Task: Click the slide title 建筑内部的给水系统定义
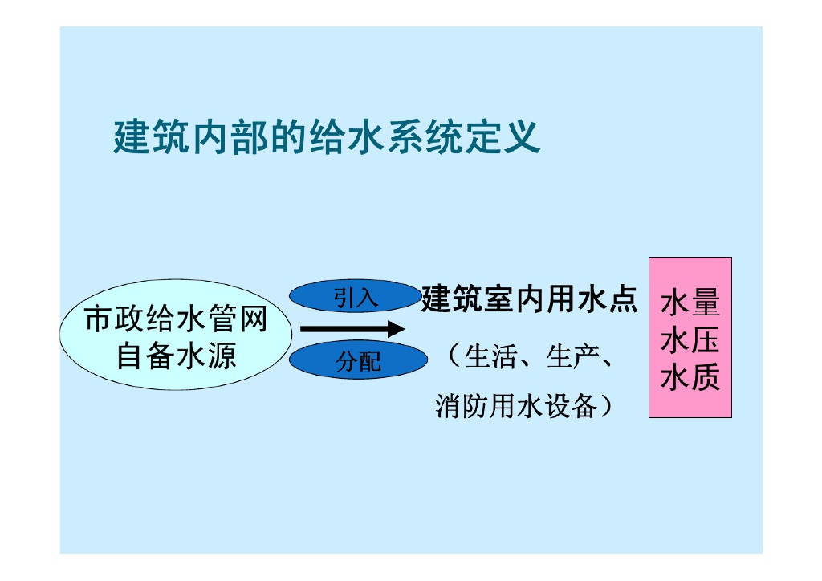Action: [x=326, y=138]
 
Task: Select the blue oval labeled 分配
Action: [x=358, y=361]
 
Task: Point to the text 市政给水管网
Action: [x=176, y=320]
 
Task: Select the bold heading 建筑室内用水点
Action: [x=530, y=299]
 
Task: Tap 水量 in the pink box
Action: [x=690, y=304]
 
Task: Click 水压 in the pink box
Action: [x=690, y=340]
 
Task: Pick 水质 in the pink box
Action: [x=690, y=376]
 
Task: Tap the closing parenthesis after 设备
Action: [x=607, y=406]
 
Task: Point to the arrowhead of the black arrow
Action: [x=395, y=328]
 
